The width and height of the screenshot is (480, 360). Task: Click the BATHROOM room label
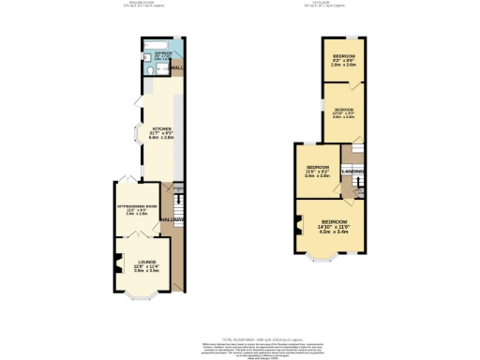pos(162,53)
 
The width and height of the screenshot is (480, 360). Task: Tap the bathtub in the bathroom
pos(156,43)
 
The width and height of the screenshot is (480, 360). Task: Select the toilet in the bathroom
pos(151,67)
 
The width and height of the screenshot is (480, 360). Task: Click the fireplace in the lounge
pos(118,263)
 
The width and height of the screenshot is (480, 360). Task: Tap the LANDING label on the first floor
pos(352,172)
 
